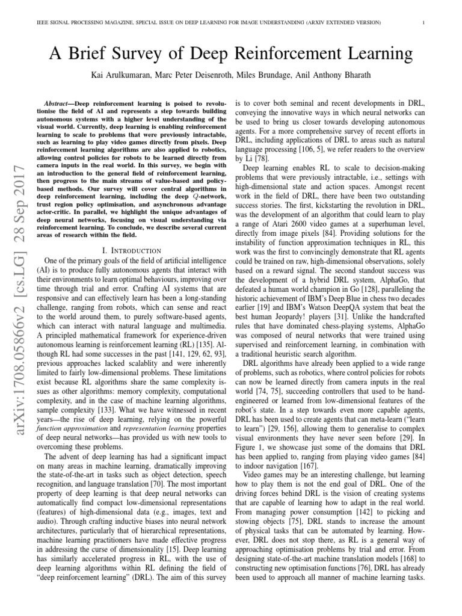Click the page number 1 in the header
point(424,23)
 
